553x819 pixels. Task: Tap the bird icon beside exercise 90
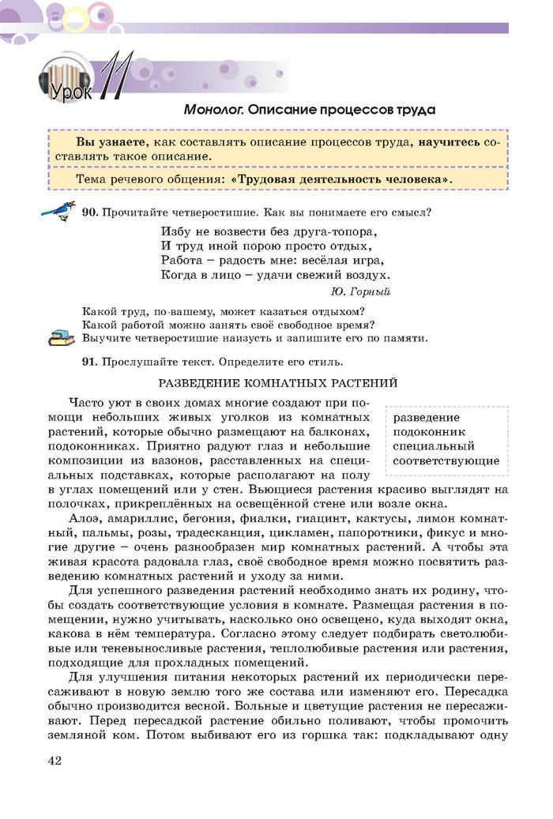click(58, 211)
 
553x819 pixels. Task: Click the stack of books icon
click(60, 338)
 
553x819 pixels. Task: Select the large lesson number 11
click(113, 77)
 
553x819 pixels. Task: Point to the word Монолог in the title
click(213, 110)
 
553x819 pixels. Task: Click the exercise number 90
click(89, 212)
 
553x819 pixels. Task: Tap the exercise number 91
click(89, 363)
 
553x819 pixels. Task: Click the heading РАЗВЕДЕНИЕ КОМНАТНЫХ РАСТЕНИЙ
click(278, 383)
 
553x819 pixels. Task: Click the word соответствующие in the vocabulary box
click(446, 460)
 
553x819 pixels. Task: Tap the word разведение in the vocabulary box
click(427, 417)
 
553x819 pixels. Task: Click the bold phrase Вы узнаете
click(111, 142)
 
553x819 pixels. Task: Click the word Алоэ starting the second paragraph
click(85, 517)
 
